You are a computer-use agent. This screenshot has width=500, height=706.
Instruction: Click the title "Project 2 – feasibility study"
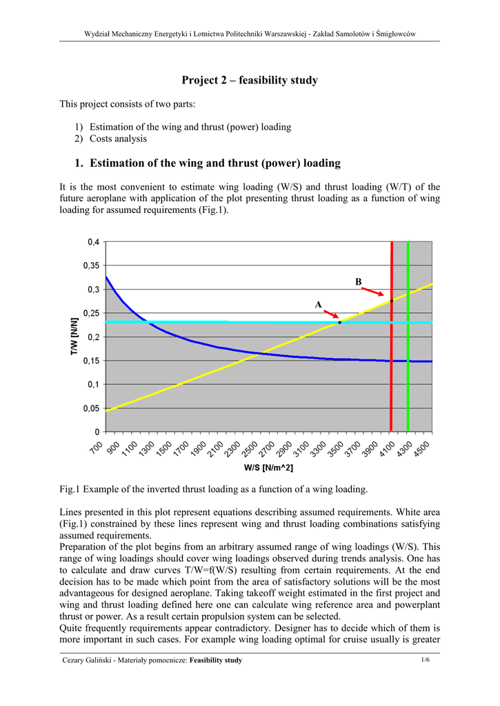click(x=250, y=81)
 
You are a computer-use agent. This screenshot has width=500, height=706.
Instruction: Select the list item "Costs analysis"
click(x=118, y=139)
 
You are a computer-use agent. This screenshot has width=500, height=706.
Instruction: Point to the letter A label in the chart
click(x=318, y=305)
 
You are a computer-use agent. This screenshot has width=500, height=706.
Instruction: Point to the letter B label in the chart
click(x=358, y=282)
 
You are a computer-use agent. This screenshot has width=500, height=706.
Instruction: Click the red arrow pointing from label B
click(x=376, y=293)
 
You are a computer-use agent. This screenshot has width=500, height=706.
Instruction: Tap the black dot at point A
click(x=340, y=322)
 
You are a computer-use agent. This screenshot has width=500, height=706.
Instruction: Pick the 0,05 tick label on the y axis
click(x=91, y=408)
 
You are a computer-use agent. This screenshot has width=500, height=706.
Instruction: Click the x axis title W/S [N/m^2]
click(x=268, y=468)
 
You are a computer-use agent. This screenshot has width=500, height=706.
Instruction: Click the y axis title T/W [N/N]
click(x=74, y=337)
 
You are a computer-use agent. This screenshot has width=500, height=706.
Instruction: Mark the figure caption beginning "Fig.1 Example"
click(x=214, y=489)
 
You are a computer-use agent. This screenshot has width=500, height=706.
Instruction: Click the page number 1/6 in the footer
click(x=426, y=660)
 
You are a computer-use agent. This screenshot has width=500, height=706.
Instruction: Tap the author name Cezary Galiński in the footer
click(x=88, y=660)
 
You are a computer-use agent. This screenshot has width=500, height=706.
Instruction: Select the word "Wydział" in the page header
click(x=98, y=34)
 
